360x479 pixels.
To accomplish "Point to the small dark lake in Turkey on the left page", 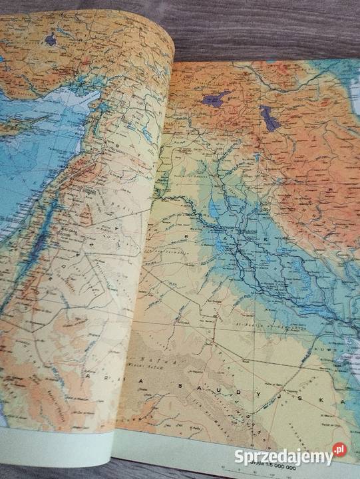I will click(51, 40).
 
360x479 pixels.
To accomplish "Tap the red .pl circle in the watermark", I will click(339, 451).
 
